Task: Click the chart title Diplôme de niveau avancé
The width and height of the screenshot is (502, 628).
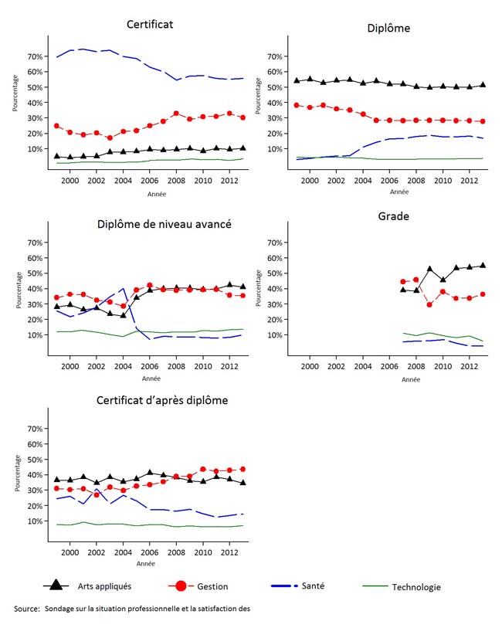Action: click(x=165, y=225)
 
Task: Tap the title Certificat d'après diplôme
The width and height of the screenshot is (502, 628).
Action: click(x=162, y=400)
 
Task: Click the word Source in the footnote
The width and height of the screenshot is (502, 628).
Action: click(x=26, y=609)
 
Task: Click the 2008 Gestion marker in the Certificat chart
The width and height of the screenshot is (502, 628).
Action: click(x=176, y=114)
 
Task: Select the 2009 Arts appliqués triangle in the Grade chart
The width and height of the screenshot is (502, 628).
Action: click(x=430, y=269)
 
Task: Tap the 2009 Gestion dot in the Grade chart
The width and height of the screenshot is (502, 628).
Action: click(x=430, y=304)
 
